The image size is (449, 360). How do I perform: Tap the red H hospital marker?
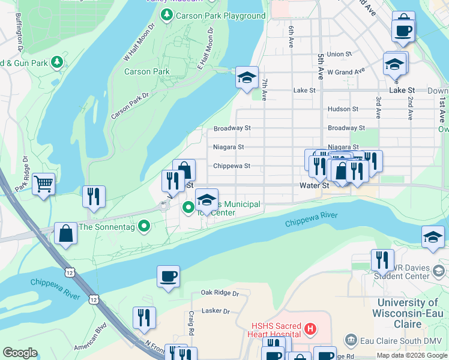tap(310, 328)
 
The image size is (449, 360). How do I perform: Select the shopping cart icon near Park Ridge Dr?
tap(43, 184)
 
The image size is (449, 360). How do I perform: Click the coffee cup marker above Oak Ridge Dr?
tap(168, 277)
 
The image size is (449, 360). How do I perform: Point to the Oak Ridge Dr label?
tap(220, 293)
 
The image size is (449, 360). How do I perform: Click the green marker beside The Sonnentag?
tap(143, 226)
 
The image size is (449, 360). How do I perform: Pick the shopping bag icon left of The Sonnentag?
tap(65, 234)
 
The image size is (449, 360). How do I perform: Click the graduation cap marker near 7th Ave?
tap(247, 77)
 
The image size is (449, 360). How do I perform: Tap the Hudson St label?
tap(343, 109)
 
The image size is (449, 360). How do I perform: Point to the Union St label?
tap(339, 54)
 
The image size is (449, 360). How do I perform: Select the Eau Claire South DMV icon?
tap(351, 341)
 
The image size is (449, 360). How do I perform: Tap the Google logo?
tap(20, 353)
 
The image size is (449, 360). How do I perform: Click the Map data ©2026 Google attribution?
tap(411, 355)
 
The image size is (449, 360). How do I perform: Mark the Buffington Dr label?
tap(20, 33)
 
